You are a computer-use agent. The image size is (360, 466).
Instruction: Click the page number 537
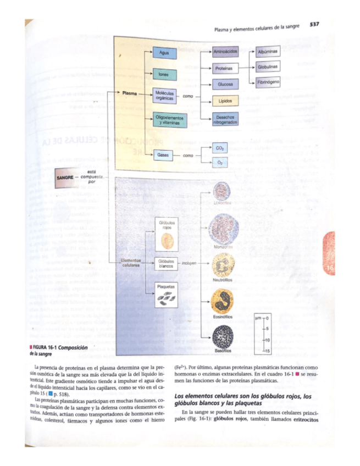point(315,24)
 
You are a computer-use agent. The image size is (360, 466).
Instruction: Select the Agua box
point(164,52)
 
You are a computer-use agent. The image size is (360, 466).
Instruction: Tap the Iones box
point(163,73)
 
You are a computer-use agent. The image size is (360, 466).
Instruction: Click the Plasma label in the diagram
point(130,93)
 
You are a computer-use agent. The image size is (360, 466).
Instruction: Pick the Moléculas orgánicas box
point(164,96)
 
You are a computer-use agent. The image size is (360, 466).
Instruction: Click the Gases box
point(163,156)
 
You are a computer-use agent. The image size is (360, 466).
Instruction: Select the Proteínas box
point(224,69)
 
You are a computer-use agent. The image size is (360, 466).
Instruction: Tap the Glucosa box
point(224,85)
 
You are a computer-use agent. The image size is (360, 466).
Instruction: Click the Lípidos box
point(224,102)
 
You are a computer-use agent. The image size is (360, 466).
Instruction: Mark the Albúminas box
point(268,52)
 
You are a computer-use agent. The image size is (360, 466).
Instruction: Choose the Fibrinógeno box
point(268,82)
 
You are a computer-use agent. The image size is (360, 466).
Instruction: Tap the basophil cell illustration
point(223,336)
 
